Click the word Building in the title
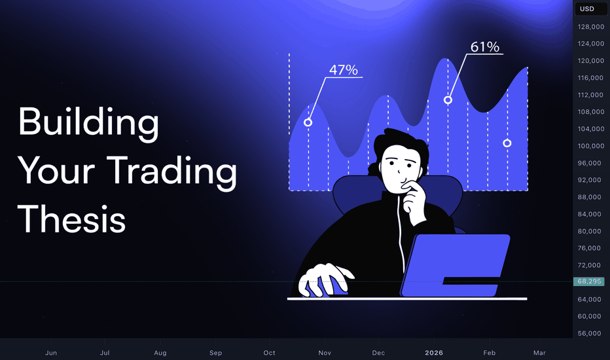click(88, 123)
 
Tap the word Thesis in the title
click(71, 219)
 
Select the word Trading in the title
click(171, 171)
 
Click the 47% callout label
click(343, 69)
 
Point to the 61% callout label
click(485, 46)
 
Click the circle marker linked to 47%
click(308, 122)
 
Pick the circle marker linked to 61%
click(448, 100)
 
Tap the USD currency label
click(587, 9)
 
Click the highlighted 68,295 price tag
click(589, 281)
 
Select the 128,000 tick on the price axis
click(591, 26)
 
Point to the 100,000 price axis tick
click(591, 146)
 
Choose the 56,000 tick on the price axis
click(589, 333)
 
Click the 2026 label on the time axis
click(434, 353)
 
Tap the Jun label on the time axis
click(51, 353)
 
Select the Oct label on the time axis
click(269, 353)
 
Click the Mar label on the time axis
click(539, 353)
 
